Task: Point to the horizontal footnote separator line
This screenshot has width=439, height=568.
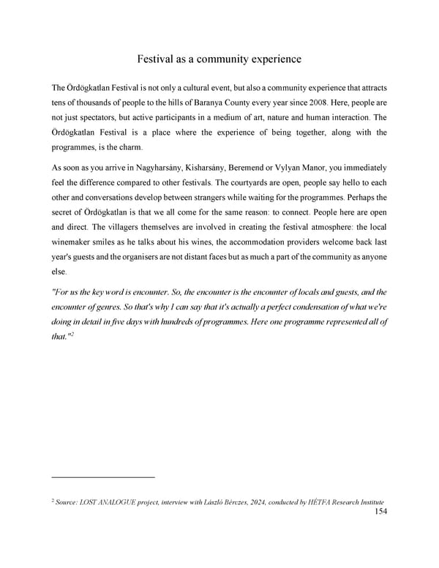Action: point(103,477)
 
